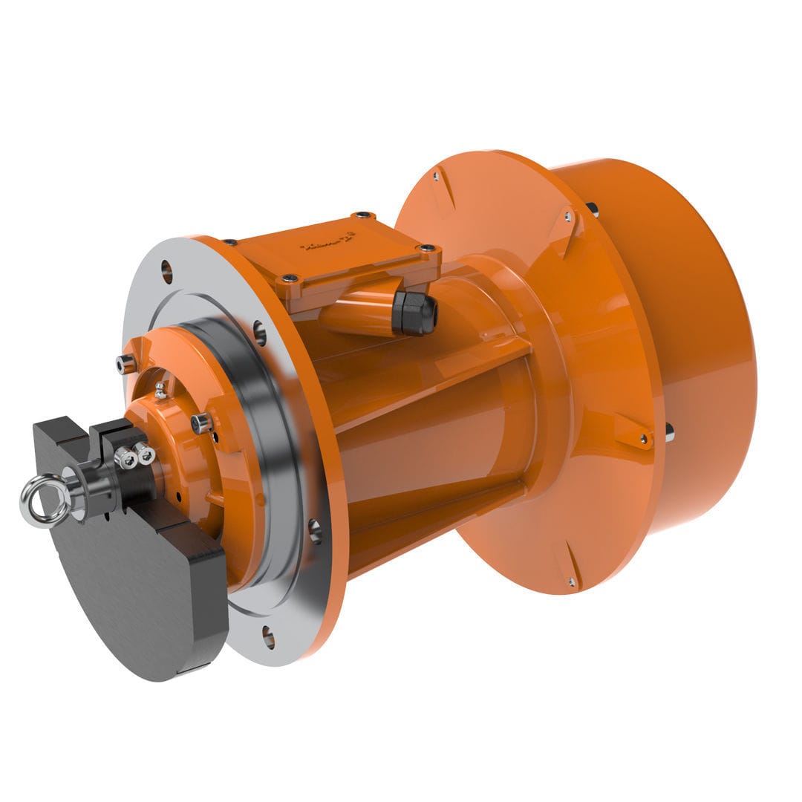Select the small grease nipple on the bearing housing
pos(160,391)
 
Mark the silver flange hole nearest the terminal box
pos(259,332)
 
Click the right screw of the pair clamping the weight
pos(143,453)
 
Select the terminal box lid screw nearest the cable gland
pos(428,249)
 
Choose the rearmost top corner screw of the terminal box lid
pos(362,215)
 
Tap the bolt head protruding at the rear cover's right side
pos(670,431)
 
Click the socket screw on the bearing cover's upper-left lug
pos(127,364)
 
